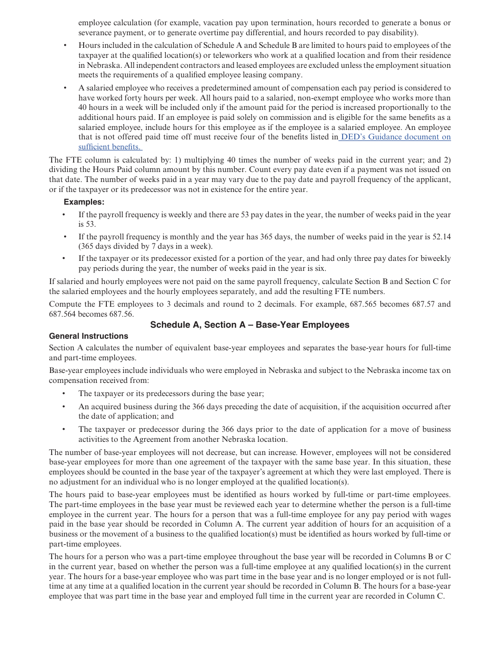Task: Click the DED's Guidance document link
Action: pos(395,137)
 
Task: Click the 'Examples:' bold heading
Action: pos(84,202)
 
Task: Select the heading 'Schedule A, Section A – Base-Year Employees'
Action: pos(249,325)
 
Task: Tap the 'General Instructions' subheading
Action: pos(88,336)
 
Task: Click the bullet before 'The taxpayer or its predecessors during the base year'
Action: pos(64,393)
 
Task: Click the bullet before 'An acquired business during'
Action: pos(64,407)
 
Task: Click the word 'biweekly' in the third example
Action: pos(436,258)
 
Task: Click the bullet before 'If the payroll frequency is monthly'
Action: pos(64,237)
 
